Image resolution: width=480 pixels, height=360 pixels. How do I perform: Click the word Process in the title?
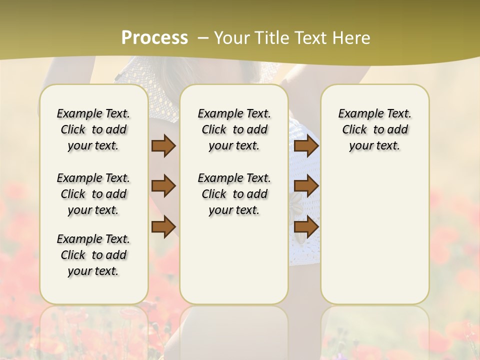[154, 37]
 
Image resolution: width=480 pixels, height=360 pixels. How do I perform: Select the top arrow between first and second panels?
[163, 146]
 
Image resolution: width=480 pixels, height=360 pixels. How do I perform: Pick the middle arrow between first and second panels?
[163, 186]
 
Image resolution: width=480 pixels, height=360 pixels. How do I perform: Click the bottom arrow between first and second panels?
[163, 226]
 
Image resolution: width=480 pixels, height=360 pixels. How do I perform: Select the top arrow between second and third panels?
[306, 146]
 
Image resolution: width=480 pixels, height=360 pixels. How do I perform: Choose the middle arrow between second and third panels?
[306, 186]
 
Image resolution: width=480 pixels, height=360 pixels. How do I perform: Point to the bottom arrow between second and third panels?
[306, 227]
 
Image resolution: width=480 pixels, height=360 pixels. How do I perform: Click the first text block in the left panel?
[93, 129]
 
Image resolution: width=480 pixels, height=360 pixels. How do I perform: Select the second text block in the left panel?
[93, 194]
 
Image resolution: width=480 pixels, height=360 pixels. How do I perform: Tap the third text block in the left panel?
[93, 255]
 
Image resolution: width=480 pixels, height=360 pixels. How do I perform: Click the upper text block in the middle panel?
[234, 129]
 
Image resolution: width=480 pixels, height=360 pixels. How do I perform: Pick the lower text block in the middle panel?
[234, 194]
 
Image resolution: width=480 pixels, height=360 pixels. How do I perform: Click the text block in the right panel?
[374, 129]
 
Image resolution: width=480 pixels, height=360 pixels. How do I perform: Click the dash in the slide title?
[203, 38]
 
